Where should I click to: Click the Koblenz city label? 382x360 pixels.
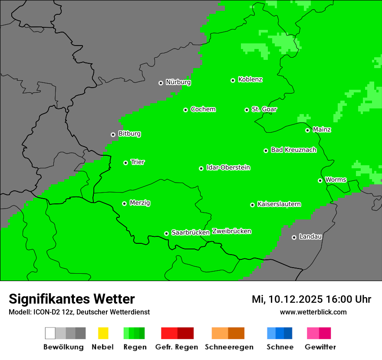click(250, 79)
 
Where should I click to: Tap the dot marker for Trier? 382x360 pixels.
click(125, 163)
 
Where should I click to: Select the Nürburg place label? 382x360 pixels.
click(178, 82)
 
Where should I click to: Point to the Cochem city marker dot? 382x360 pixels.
click(185, 110)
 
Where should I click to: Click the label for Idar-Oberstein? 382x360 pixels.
click(228, 167)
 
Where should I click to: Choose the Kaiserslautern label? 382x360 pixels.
click(279, 204)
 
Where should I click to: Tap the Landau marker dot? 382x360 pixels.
click(294, 237)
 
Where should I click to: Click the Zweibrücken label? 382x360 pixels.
click(231, 231)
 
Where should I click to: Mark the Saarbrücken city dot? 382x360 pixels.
click(166, 233)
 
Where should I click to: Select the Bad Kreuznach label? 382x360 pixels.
click(293, 150)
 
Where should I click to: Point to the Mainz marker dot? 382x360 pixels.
click(307, 130)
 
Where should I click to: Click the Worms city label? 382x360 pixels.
click(336, 180)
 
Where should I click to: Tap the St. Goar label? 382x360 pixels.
click(264, 109)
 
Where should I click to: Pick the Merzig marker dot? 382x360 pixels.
click(124, 203)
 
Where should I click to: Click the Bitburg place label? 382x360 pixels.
click(129, 134)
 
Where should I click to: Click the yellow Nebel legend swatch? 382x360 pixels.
click(103, 333)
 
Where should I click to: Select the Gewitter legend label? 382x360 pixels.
click(320, 347)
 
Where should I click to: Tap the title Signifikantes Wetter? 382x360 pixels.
click(72, 299)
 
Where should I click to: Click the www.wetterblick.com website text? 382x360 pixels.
click(313, 312)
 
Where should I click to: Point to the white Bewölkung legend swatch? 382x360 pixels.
click(50, 333)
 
